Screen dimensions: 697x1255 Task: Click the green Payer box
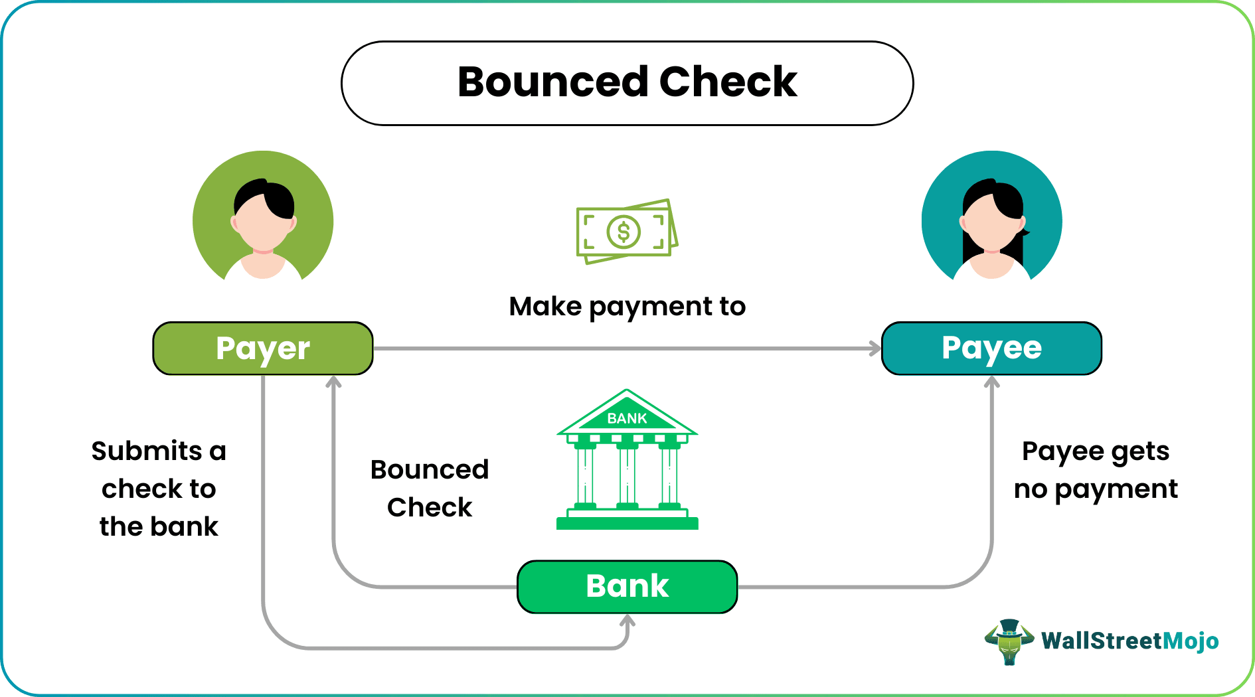click(263, 348)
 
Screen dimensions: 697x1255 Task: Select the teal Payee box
click(991, 348)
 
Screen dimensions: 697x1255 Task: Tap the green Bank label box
click(627, 587)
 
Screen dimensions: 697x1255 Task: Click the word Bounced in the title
click(552, 82)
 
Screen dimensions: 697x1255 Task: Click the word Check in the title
click(728, 82)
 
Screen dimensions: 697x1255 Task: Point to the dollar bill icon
click(627, 231)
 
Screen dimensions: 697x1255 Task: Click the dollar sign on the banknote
click(624, 232)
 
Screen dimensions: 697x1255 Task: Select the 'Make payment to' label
click(627, 307)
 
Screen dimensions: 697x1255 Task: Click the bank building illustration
click(627, 465)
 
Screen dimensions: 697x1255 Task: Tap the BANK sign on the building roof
click(627, 418)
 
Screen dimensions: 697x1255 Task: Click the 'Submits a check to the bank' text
click(159, 489)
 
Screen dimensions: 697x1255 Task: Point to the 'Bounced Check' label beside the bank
click(430, 489)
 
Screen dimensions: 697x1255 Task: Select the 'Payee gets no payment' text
click(1096, 470)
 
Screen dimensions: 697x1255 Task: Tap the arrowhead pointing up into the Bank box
click(627, 621)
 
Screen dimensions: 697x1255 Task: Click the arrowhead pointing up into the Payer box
click(333, 382)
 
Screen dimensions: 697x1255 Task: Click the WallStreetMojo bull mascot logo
click(1009, 641)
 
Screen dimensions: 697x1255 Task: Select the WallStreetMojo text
click(1129, 641)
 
